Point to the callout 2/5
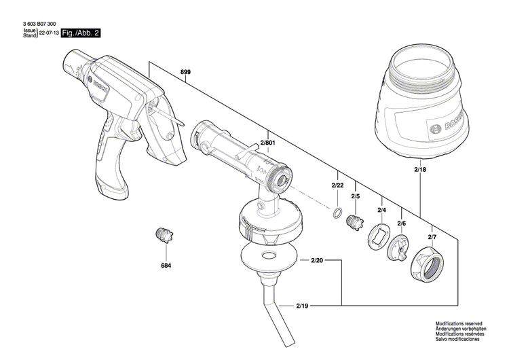[x=355, y=197]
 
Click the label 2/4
[x=381, y=210]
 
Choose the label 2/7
[x=432, y=236]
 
